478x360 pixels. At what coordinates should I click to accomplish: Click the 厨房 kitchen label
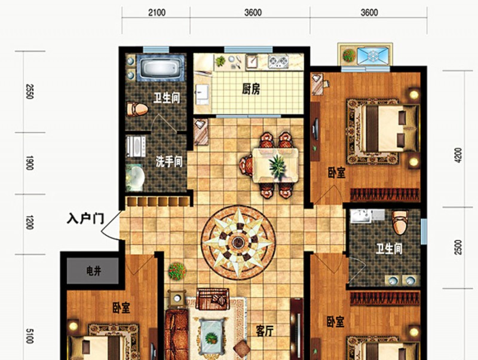(x=251, y=89)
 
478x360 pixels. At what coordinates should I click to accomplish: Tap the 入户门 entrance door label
(x=85, y=219)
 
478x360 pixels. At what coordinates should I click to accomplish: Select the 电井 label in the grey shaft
(x=94, y=271)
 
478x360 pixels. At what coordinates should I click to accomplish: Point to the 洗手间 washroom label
(x=169, y=161)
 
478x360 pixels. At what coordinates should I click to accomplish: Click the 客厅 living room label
(x=265, y=331)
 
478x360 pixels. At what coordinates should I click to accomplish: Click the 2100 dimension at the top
(x=157, y=13)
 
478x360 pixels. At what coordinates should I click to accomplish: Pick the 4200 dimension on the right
(x=458, y=155)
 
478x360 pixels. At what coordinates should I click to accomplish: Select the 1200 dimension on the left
(x=29, y=222)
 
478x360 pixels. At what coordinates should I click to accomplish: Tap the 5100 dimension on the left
(x=29, y=335)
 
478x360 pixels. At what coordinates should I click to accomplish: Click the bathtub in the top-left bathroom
(x=161, y=68)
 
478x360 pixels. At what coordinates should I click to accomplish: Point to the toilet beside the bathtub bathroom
(x=137, y=109)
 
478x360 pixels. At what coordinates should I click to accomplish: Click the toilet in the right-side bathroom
(x=400, y=222)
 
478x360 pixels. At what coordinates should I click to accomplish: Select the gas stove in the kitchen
(x=278, y=61)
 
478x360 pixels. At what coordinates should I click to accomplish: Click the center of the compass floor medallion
(x=238, y=243)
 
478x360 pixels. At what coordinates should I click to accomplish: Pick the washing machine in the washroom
(x=136, y=146)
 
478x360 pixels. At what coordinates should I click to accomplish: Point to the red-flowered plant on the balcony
(x=349, y=55)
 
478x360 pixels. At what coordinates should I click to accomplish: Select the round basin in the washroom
(x=135, y=178)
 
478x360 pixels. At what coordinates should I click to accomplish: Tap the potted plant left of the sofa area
(x=177, y=271)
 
